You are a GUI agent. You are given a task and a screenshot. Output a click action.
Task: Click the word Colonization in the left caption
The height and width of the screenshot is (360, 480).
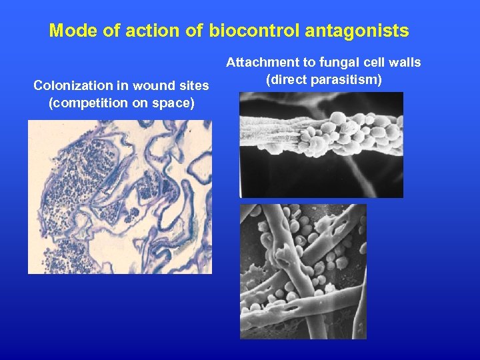click(69, 85)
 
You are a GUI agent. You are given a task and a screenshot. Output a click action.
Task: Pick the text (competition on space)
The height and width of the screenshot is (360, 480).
click(121, 103)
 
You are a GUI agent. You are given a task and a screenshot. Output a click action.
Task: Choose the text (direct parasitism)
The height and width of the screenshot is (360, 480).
click(323, 81)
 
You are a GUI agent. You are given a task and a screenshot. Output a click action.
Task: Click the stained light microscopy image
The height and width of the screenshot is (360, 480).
click(119, 197)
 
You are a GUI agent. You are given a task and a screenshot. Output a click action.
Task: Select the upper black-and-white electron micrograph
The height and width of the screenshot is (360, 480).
click(321, 145)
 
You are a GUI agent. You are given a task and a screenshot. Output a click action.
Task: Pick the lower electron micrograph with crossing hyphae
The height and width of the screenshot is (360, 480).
click(303, 271)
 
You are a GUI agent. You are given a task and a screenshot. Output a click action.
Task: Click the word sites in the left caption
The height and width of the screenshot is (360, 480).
click(194, 85)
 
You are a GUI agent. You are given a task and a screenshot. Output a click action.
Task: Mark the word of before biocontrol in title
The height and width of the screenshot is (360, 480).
click(191, 31)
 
